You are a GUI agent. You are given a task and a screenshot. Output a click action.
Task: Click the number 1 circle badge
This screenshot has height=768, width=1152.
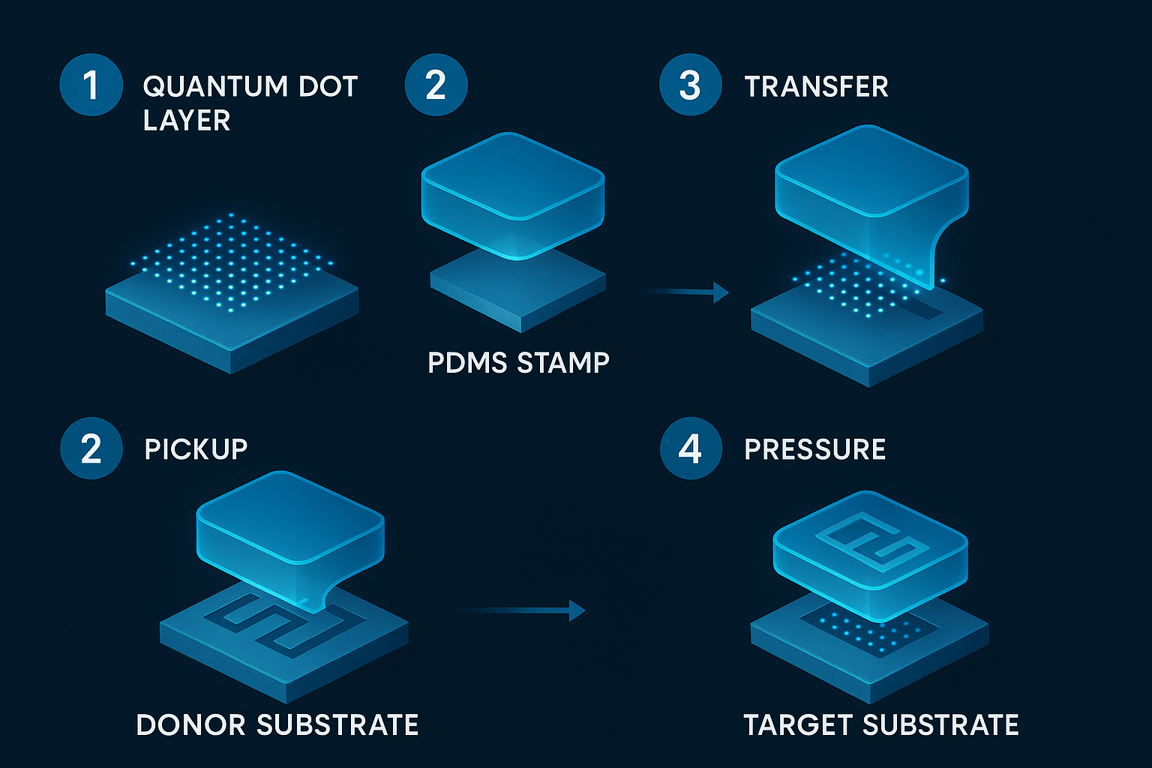pyautogui.click(x=91, y=85)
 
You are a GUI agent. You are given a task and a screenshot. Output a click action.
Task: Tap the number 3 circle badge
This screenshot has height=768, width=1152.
pyautogui.click(x=690, y=85)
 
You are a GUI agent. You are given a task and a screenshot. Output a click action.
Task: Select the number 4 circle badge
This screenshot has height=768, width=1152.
pyautogui.click(x=691, y=448)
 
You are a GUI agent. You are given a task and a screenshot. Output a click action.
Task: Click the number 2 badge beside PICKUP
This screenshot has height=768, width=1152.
pyautogui.click(x=91, y=448)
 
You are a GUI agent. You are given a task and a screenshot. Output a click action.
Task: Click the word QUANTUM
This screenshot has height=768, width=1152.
pyautogui.click(x=215, y=86)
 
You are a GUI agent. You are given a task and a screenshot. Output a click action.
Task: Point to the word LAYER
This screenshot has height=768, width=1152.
pyautogui.click(x=187, y=120)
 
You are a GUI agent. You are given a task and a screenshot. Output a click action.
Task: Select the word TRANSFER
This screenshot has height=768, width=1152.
pyautogui.click(x=816, y=86)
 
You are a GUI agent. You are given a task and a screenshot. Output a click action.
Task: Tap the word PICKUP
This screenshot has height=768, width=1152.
pyautogui.click(x=196, y=449)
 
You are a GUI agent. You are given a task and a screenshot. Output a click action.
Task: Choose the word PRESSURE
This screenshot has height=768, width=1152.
pyautogui.click(x=814, y=449)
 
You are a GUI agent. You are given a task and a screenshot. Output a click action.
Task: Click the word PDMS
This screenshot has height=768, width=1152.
pyautogui.click(x=467, y=363)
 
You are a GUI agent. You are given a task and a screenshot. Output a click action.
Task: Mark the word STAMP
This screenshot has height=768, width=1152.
pyautogui.click(x=562, y=363)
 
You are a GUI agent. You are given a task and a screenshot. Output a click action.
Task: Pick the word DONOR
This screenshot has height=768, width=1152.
pyautogui.click(x=190, y=725)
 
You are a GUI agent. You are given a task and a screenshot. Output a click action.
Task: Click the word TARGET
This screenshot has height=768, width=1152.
pyautogui.click(x=798, y=725)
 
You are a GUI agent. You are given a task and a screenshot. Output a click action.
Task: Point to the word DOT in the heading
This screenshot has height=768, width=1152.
pyautogui.click(x=328, y=86)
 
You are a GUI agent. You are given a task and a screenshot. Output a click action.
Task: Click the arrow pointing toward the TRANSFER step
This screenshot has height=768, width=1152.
pyautogui.click(x=684, y=292)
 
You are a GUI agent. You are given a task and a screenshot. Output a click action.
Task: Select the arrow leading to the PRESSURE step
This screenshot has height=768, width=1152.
pyautogui.click(x=520, y=610)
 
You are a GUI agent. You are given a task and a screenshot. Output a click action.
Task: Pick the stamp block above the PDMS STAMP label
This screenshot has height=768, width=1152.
pyautogui.click(x=513, y=196)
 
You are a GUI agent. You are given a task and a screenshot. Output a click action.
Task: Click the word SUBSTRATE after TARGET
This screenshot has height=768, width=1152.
pyautogui.click(x=940, y=725)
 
